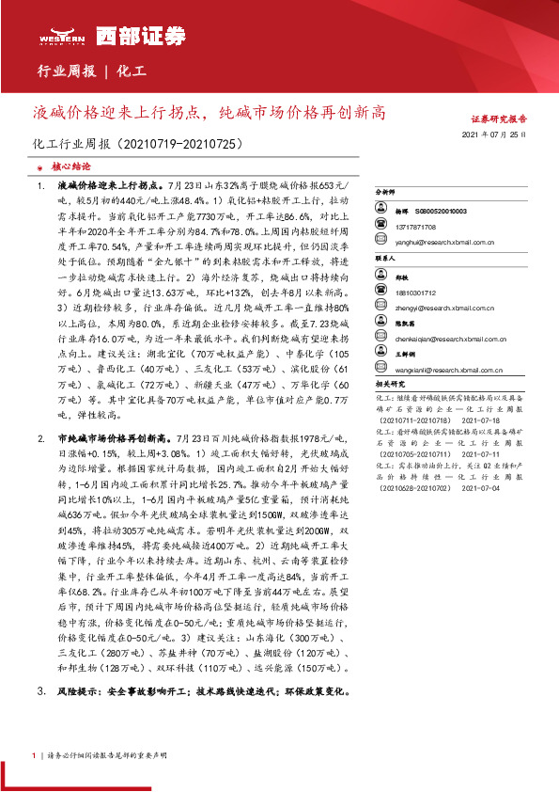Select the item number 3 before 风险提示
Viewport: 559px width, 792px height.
[x=40, y=690]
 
